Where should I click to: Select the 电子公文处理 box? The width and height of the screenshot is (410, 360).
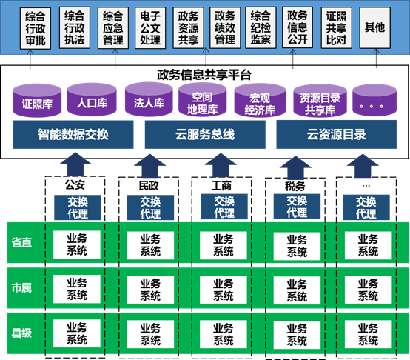pos(150,27)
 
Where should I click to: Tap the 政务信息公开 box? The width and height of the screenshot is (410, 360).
pos(298,27)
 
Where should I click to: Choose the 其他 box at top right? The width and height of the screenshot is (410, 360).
pos(375,27)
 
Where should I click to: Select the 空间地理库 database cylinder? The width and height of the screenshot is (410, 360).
pos(202,103)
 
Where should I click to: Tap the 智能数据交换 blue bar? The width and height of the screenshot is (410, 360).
pos(73,135)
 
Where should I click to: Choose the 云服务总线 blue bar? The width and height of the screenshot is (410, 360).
pos(204,135)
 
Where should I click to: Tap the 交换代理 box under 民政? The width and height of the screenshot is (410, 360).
pos(150,207)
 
